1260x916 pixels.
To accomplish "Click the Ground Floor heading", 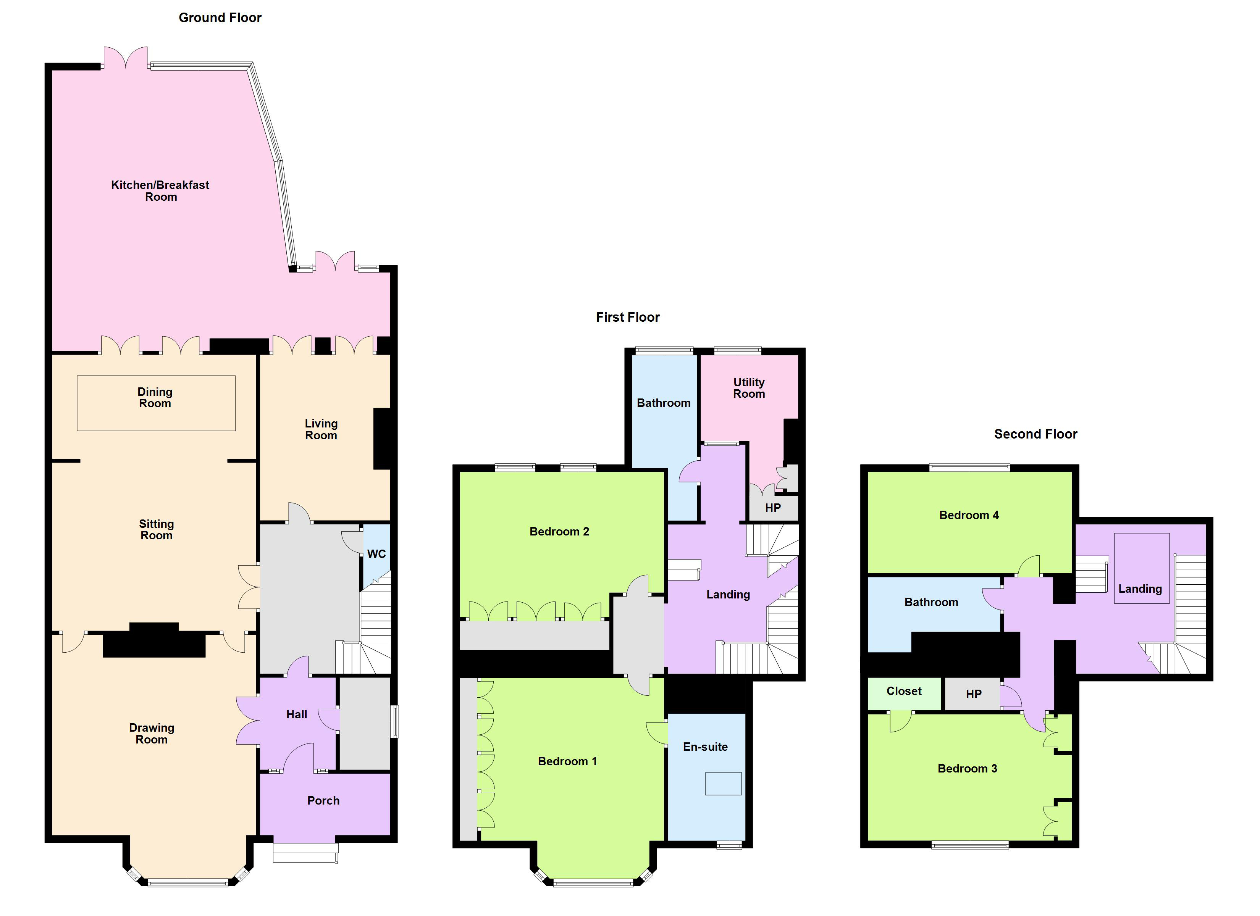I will click(220, 18).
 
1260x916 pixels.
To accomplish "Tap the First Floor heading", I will click(628, 317).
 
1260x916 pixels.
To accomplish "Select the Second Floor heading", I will click(1035, 434).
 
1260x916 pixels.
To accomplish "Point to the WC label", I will click(376, 554).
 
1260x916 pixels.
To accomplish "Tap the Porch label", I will click(323, 800).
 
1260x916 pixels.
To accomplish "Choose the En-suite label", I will click(705, 747).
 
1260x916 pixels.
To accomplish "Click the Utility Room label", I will click(749, 388).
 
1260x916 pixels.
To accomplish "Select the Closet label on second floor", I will click(904, 691).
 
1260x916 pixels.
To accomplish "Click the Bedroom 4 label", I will click(969, 515).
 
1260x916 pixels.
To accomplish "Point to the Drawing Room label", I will click(152, 733).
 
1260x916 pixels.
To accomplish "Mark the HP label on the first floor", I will click(773, 508).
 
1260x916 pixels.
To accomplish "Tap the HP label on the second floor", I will click(973, 694).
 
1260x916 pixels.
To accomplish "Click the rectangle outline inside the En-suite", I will click(723, 784).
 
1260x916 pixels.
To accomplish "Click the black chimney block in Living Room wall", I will click(382, 439).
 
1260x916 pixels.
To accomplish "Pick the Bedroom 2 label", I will click(559, 532).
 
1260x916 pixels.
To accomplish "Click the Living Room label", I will click(321, 429).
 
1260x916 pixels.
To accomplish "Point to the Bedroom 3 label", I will click(967, 768).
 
